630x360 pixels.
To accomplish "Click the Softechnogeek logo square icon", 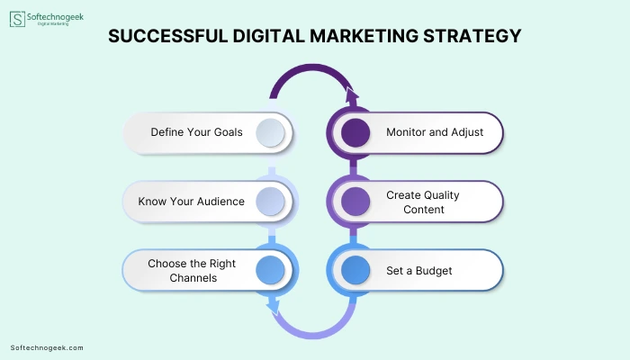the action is point(17,19).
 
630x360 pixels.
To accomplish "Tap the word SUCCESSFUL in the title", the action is point(168,36).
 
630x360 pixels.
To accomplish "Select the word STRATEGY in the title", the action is point(472,36).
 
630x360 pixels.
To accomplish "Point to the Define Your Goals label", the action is point(196,132).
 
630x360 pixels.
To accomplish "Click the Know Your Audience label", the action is point(191,202).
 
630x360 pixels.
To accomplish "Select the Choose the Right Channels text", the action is point(192,270).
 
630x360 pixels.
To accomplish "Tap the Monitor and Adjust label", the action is point(435,132).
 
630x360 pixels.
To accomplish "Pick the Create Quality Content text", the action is point(423,202).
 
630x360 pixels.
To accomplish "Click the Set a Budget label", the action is point(419,271).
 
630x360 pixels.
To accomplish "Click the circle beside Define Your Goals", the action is point(270,132).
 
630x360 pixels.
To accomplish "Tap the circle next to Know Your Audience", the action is point(270,202).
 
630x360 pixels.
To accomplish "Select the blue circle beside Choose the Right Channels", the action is point(270,270).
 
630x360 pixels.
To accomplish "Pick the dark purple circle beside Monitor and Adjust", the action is point(355,132).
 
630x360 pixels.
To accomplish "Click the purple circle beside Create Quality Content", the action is point(355,202).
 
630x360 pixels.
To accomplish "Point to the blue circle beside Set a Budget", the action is point(355,270).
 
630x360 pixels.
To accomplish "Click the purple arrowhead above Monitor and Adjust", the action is point(352,96).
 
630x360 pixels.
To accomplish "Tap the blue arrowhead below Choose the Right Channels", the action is point(274,306).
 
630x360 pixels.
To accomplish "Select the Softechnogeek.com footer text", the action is point(47,348).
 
